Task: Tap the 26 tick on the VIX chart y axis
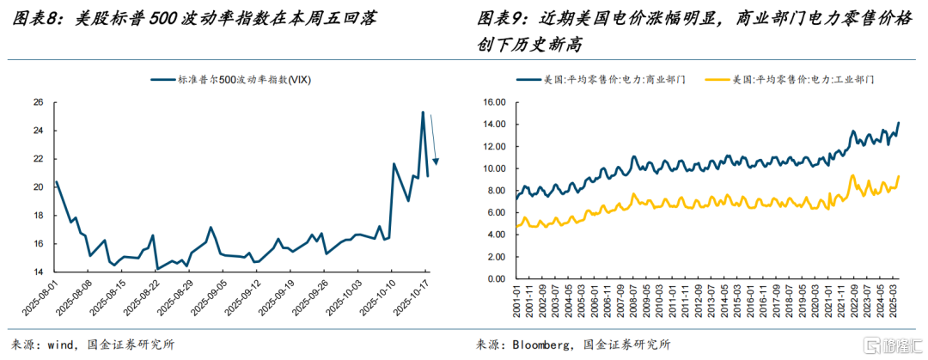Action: coord(38,102)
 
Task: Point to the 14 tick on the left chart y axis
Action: coord(38,272)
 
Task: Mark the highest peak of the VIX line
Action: coord(423,112)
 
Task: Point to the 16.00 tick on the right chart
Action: coord(497,101)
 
